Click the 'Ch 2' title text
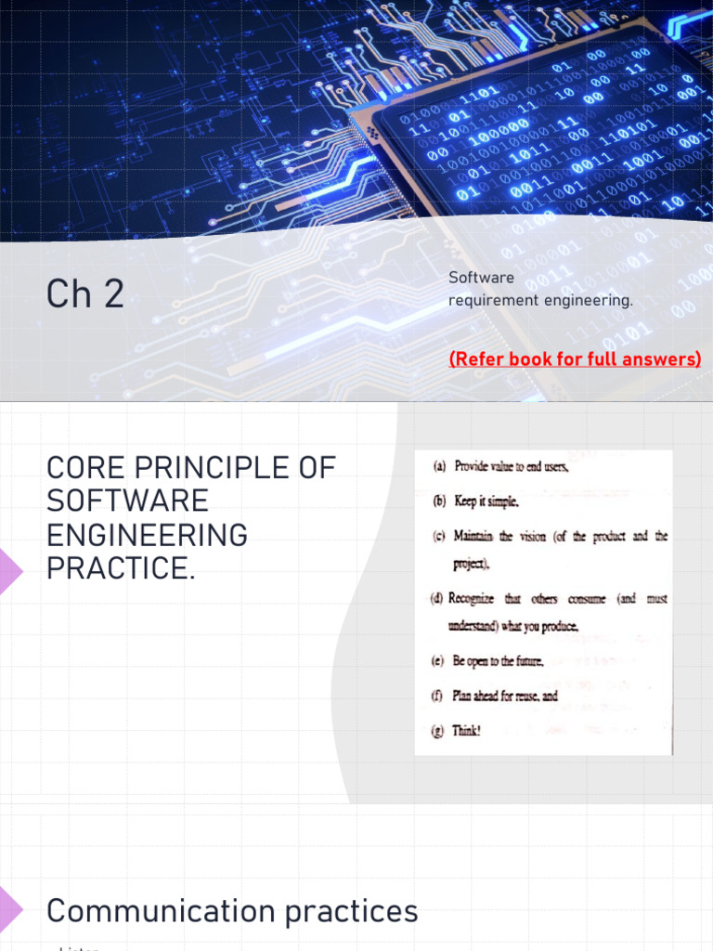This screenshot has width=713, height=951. click(x=84, y=294)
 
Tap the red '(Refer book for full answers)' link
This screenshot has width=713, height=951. click(x=575, y=358)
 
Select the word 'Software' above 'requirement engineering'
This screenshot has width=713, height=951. click(x=481, y=278)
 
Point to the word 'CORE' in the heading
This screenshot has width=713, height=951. click(x=88, y=468)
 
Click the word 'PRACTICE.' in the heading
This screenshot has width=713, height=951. click(x=121, y=567)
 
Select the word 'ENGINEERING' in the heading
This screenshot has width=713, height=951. click(x=147, y=535)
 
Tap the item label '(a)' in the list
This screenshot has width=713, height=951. click(x=440, y=467)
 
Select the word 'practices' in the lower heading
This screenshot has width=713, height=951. click(x=352, y=911)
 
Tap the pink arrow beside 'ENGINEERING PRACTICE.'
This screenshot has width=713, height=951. click(x=10, y=569)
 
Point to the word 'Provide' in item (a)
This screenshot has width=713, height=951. click(x=474, y=467)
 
